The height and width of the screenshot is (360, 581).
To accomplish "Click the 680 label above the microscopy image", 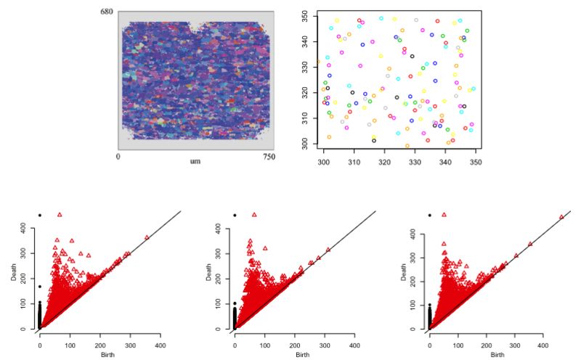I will click(107, 12).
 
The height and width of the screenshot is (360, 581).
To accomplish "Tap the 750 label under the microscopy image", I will click(269, 155).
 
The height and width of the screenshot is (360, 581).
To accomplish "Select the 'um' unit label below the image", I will click(195, 160).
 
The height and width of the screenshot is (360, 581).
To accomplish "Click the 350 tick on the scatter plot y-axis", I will click(306, 15).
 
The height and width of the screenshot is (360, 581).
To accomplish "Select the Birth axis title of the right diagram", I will click(497, 355).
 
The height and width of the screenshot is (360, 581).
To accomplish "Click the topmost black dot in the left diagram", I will click(40, 215).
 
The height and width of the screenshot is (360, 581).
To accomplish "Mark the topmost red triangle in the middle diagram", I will click(253, 215).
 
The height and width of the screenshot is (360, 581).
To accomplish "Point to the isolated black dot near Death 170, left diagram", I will click(40, 287).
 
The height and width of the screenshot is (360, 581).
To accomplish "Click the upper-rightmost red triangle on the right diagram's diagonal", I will click(561, 217).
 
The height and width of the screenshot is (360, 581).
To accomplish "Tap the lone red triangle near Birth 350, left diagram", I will click(147, 237).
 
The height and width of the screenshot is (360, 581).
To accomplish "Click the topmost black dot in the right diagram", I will click(429, 215).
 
